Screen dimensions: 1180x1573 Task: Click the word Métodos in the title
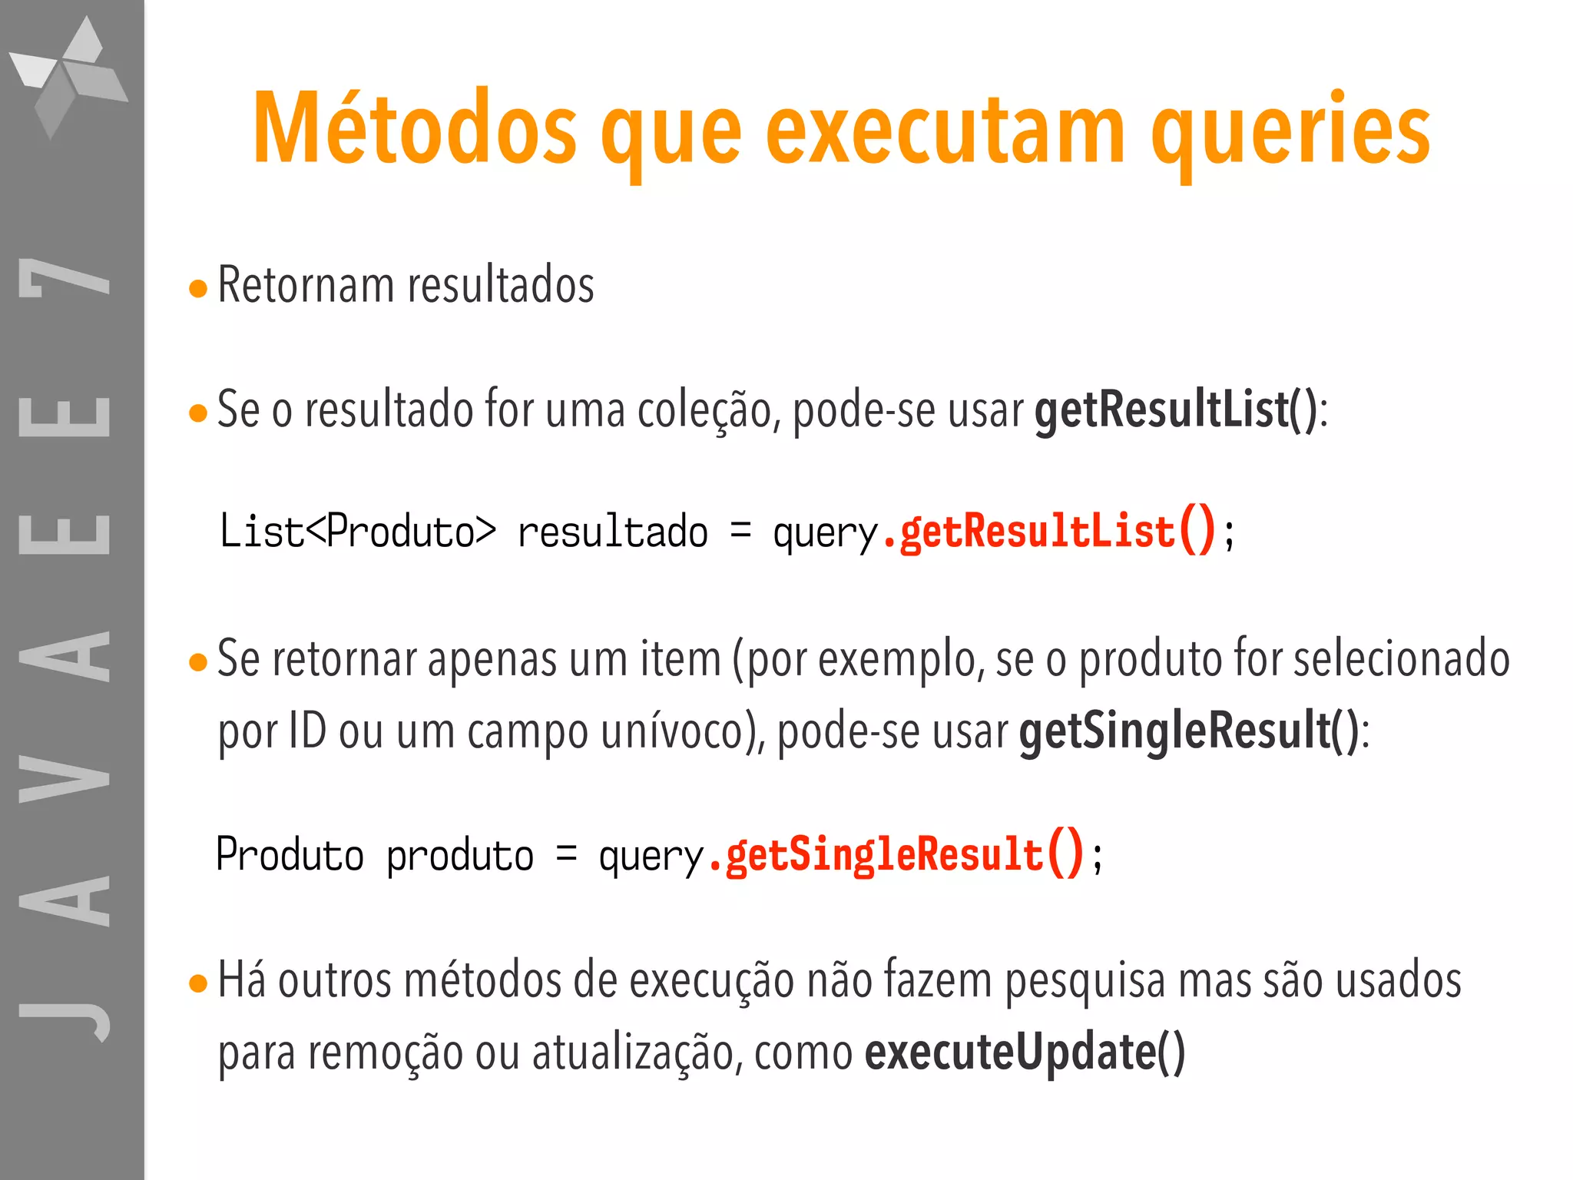click(415, 129)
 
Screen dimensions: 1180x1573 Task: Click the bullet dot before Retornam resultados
click(198, 289)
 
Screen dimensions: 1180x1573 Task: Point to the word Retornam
click(306, 285)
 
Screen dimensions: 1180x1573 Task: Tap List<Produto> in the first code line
click(358, 532)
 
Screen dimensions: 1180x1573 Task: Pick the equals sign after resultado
click(740, 530)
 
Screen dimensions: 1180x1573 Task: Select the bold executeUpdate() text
click(1025, 1052)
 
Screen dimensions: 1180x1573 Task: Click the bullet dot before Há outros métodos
click(198, 983)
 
